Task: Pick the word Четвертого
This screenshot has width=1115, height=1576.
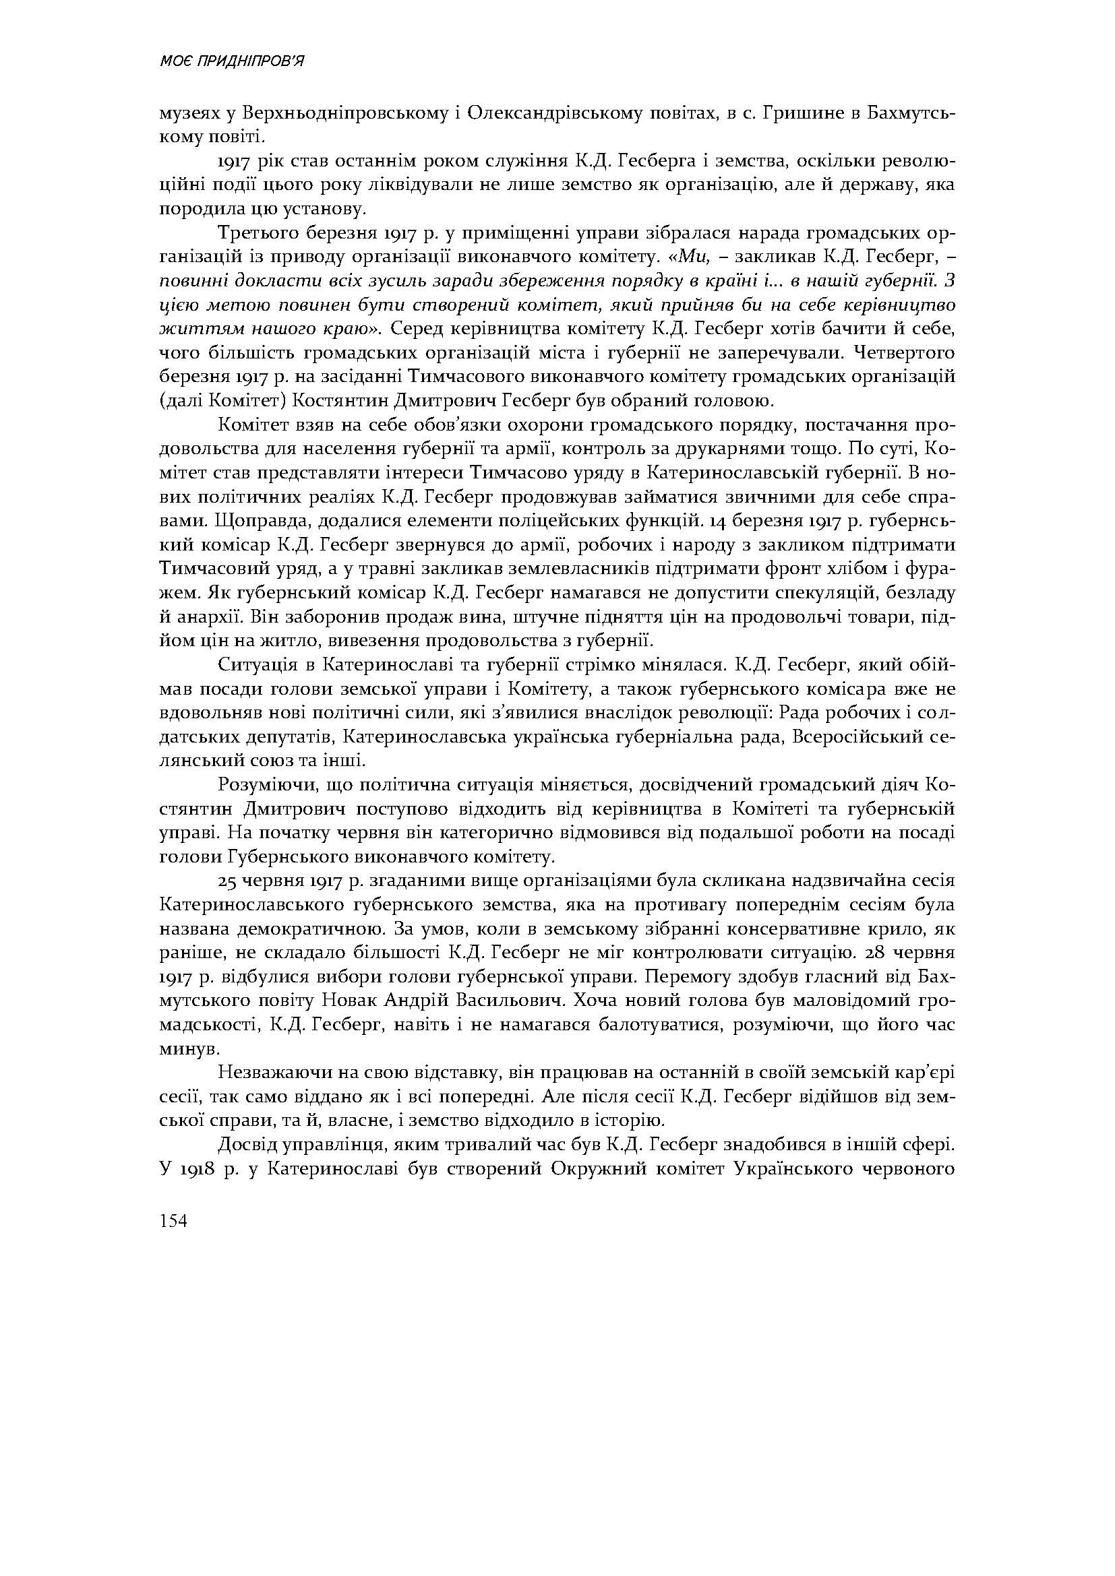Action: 903,353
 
